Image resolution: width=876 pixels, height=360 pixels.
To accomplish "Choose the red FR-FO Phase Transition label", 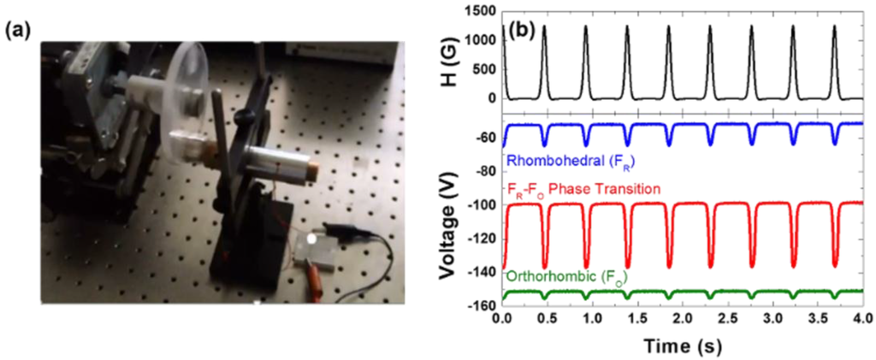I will [x=583, y=187].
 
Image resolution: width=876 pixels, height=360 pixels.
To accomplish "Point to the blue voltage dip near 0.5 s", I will [x=544, y=143].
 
